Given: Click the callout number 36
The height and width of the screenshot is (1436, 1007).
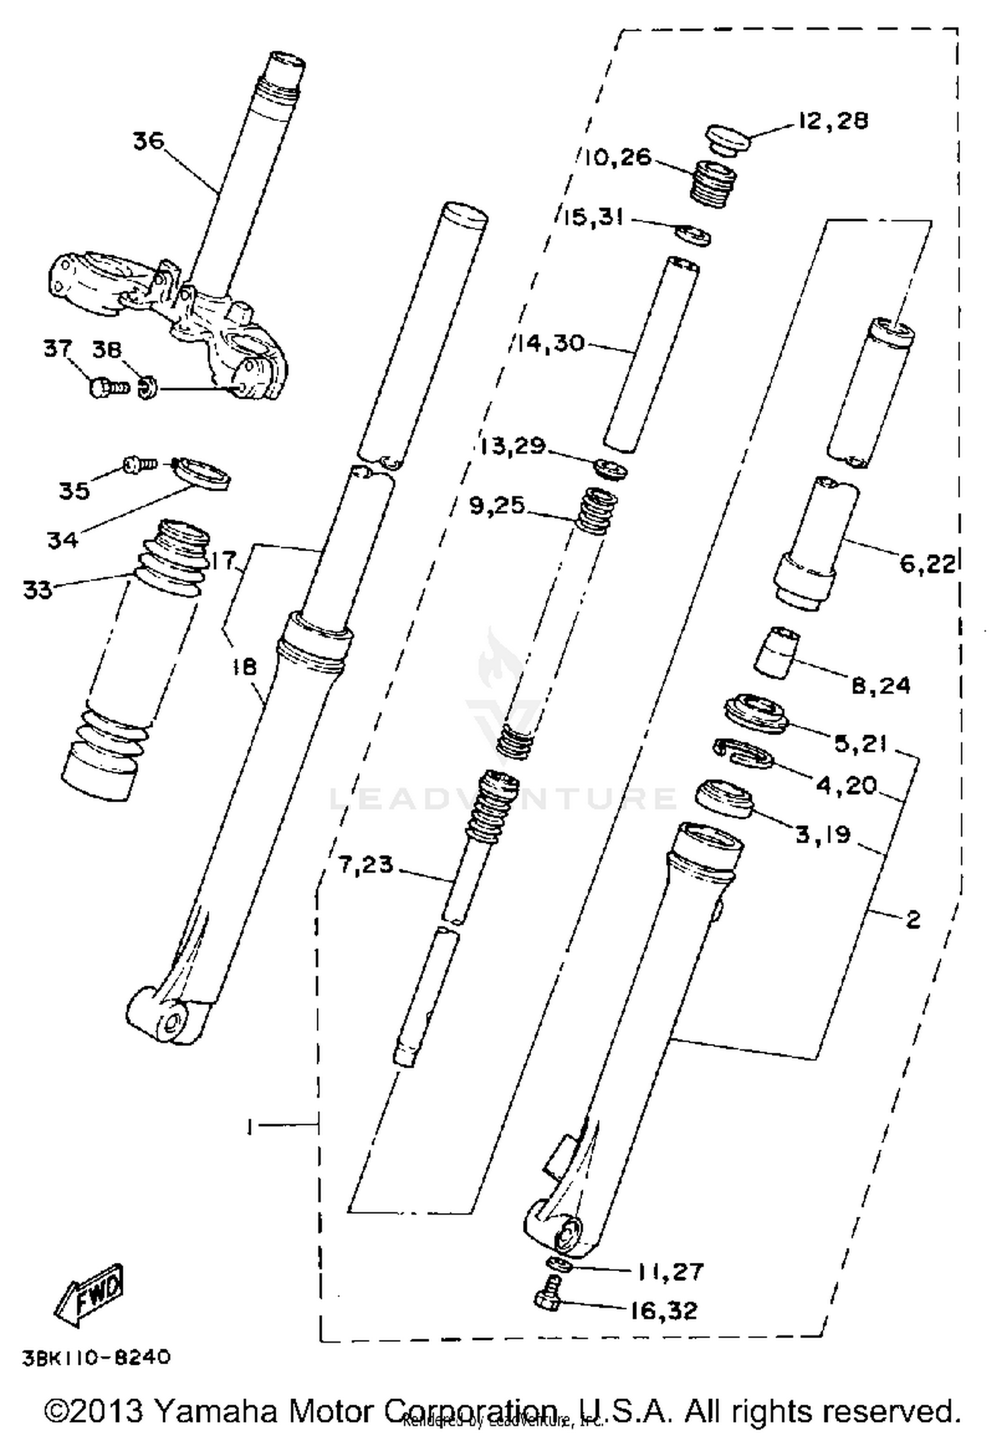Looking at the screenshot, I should coord(148,142).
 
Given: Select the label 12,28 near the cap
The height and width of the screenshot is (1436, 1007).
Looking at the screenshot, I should coord(832,122).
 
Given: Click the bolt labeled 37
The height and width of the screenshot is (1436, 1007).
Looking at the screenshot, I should coord(107,387).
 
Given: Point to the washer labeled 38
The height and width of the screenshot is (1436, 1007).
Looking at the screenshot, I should coord(147,388).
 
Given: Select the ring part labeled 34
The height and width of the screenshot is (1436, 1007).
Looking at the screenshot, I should coord(202,475).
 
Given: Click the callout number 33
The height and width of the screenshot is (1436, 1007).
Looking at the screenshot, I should coord(37,590).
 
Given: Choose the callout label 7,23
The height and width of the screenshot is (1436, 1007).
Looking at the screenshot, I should coord(366,865).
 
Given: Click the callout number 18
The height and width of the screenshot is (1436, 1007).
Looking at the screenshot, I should coord(244,667).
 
